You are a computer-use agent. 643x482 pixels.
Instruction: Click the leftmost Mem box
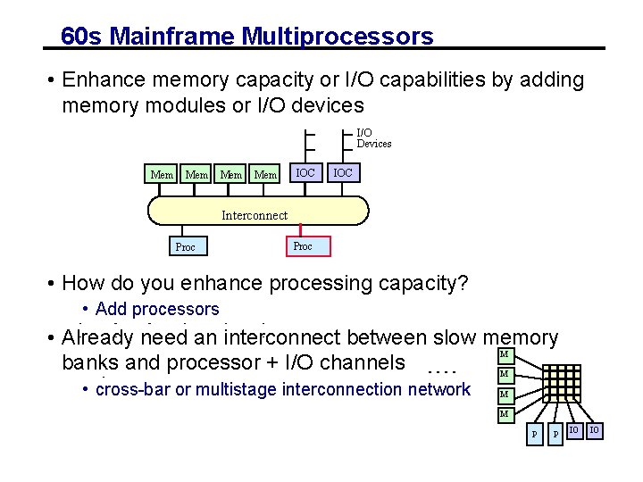pyautogui.click(x=162, y=174)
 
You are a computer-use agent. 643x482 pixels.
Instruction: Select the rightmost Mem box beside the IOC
pyautogui.click(x=265, y=174)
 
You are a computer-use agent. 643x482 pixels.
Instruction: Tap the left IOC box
pyautogui.click(x=305, y=172)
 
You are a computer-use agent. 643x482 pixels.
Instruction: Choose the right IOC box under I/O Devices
pyautogui.click(x=342, y=172)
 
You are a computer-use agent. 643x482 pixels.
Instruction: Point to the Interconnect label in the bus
pyautogui.click(x=255, y=215)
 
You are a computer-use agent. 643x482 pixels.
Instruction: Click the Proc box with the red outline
pyautogui.click(x=303, y=245)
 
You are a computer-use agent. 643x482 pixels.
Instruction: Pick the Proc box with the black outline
pyautogui.click(x=185, y=246)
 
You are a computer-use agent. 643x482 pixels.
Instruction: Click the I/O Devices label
pyautogui.click(x=373, y=138)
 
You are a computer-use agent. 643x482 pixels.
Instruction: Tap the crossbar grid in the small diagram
pyautogui.click(x=545, y=385)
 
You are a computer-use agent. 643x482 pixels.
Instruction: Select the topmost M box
pyautogui.click(x=504, y=355)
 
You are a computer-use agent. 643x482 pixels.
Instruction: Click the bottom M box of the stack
pyautogui.click(x=504, y=414)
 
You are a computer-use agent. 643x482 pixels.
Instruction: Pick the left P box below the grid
pyautogui.click(x=534, y=433)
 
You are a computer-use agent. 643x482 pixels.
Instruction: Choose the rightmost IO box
pyautogui.click(x=595, y=432)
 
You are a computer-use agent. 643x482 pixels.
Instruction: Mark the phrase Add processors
pyautogui.click(x=156, y=309)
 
